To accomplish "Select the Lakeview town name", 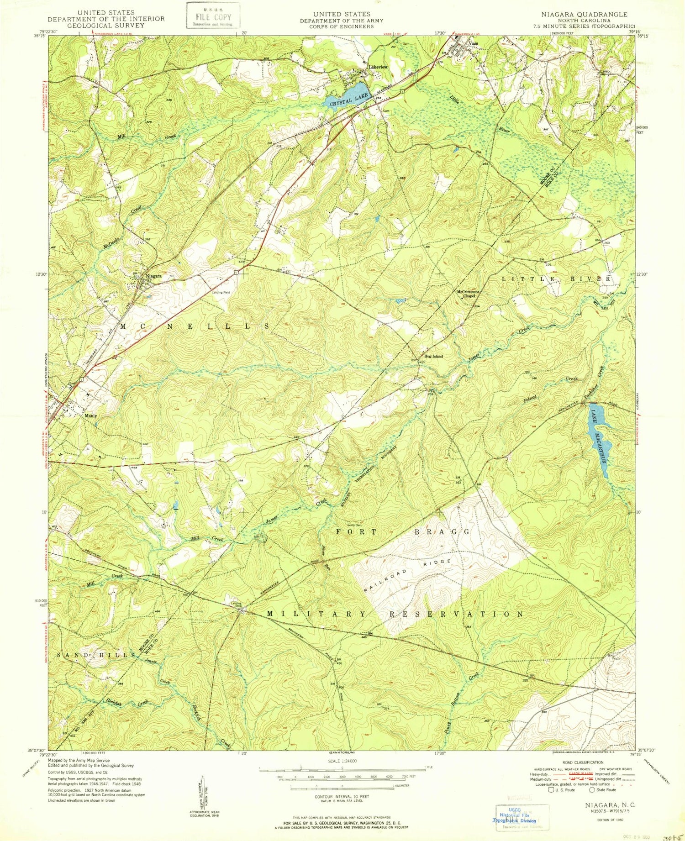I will (x=378, y=67).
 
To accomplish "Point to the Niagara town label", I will (x=153, y=276).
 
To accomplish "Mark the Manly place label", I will (x=90, y=416).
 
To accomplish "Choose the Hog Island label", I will (x=433, y=356).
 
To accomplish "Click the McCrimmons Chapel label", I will (x=466, y=294).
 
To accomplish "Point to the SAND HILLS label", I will (x=96, y=655).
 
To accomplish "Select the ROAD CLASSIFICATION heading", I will (x=583, y=762).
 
